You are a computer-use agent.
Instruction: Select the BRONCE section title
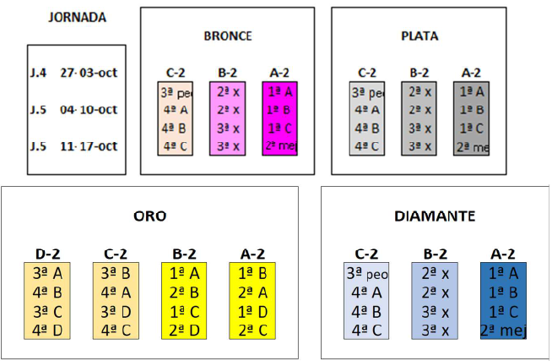click(228, 36)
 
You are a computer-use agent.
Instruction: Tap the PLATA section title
click(419, 36)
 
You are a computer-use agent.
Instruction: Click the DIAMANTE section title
click(435, 216)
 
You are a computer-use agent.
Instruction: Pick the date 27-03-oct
click(89, 72)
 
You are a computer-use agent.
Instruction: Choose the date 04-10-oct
click(89, 110)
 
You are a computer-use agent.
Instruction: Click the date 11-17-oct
click(89, 146)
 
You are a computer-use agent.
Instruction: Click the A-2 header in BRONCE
click(279, 74)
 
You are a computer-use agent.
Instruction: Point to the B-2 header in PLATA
click(419, 74)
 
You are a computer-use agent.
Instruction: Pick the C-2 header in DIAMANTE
click(366, 252)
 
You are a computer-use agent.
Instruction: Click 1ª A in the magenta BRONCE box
click(279, 91)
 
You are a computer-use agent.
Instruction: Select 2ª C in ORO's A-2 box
click(252, 328)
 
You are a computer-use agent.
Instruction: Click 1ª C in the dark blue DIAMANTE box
click(503, 310)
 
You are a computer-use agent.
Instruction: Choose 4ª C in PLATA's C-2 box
click(367, 146)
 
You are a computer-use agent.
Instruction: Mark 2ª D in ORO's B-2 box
click(184, 328)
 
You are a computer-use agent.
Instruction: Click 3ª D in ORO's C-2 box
click(115, 310)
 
